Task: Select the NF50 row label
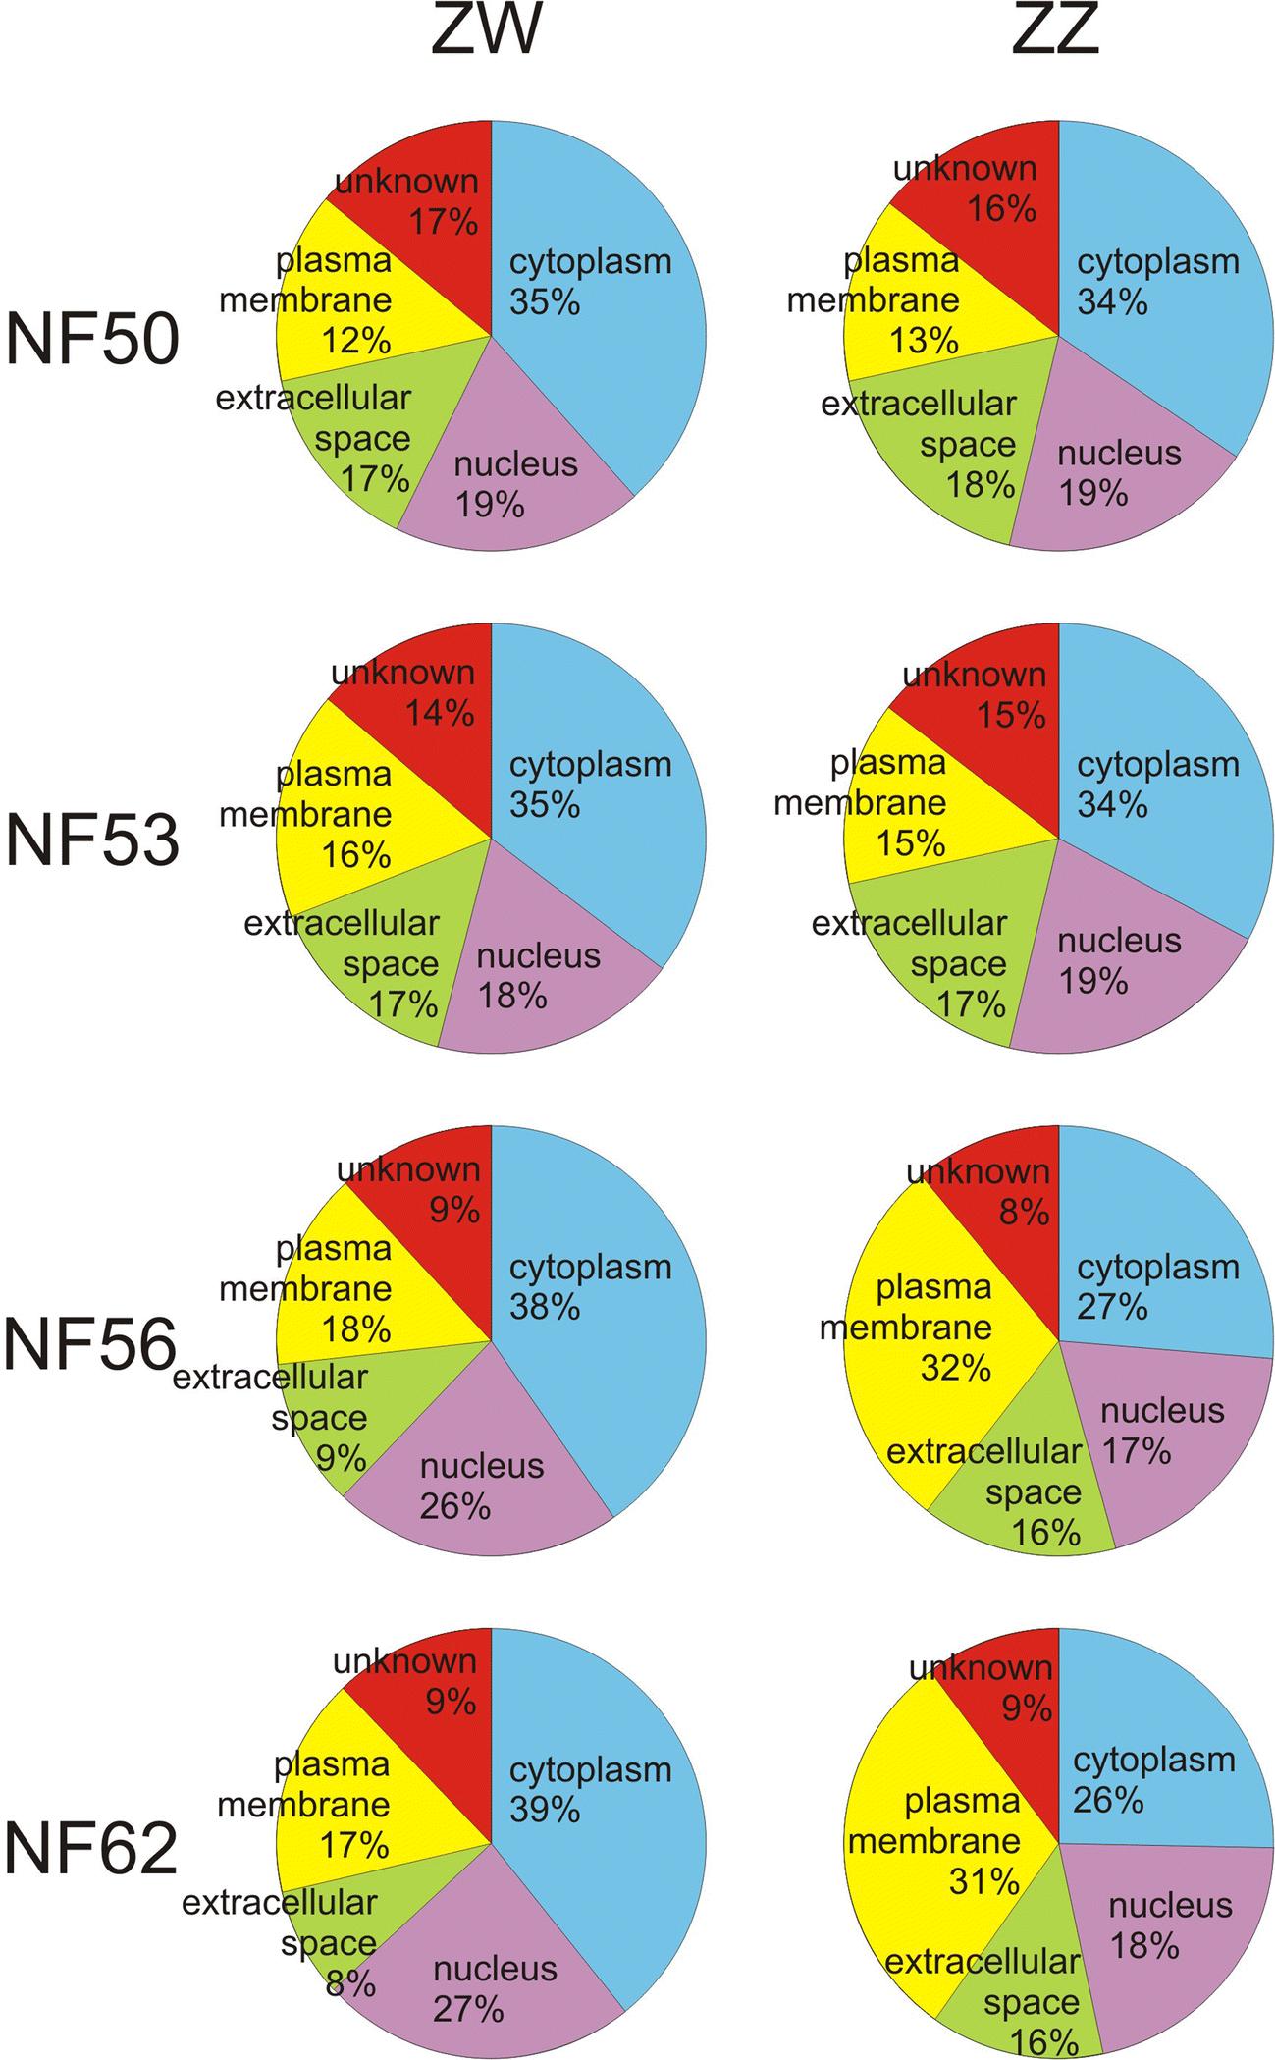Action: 93,340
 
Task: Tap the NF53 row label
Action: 93,841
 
